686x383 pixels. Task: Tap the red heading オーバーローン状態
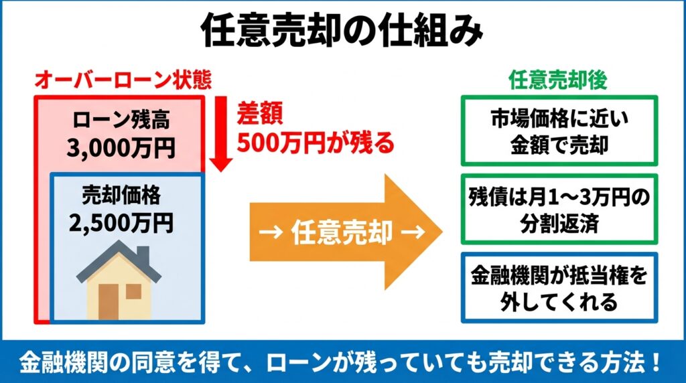coord(123,80)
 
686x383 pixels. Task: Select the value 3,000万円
coord(121,148)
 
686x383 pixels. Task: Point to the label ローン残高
coord(121,120)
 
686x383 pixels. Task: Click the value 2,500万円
coord(121,222)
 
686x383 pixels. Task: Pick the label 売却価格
coord(121,195)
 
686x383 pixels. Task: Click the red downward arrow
coord(221,133)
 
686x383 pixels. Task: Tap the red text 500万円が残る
coord(316,143)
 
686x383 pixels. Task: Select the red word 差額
coord(260,113)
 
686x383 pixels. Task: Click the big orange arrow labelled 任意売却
coord(346,232)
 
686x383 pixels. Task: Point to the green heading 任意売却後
coord(558,80)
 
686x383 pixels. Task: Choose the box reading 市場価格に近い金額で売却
coord(559,131)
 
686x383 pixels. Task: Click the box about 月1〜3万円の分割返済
coord(559,209)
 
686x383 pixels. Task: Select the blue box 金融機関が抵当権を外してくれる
coord(559,288)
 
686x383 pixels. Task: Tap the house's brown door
coord(109,302)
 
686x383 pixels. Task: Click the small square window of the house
coord(133,292)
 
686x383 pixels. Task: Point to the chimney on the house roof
coord(143,256)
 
